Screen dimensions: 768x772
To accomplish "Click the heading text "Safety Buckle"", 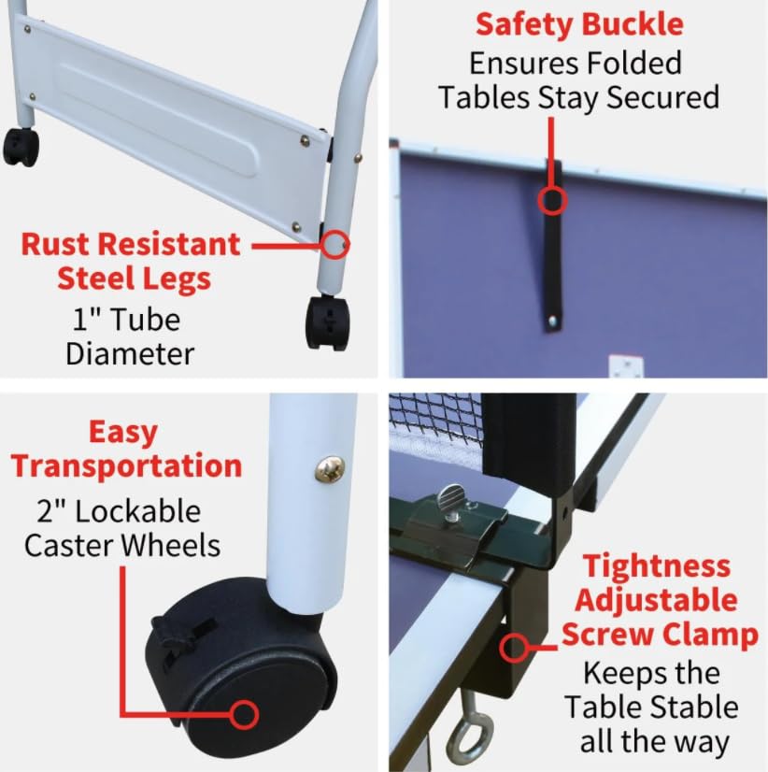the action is [x=579, y=24].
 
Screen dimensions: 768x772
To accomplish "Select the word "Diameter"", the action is [x=130, y=353].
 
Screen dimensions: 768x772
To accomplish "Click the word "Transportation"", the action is [x=127, y=465].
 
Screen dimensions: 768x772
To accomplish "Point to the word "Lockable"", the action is [x=138, y=511].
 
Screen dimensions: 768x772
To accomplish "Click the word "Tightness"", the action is [x=657, y=566].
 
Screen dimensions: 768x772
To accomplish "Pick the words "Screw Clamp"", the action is [x=660, y=635].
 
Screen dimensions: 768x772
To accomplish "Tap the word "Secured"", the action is [x=662, y=97].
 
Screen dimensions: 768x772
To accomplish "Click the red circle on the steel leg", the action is [x=335, y=244].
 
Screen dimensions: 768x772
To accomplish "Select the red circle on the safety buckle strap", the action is [x=552, y=200].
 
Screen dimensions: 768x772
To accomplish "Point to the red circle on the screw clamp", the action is [x=514, y=649].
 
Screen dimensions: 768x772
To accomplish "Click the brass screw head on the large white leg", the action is [x=330, y=468].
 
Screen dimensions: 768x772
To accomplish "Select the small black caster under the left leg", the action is [x=21, y=148].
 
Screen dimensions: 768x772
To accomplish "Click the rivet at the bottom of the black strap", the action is [x=552, y=322].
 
